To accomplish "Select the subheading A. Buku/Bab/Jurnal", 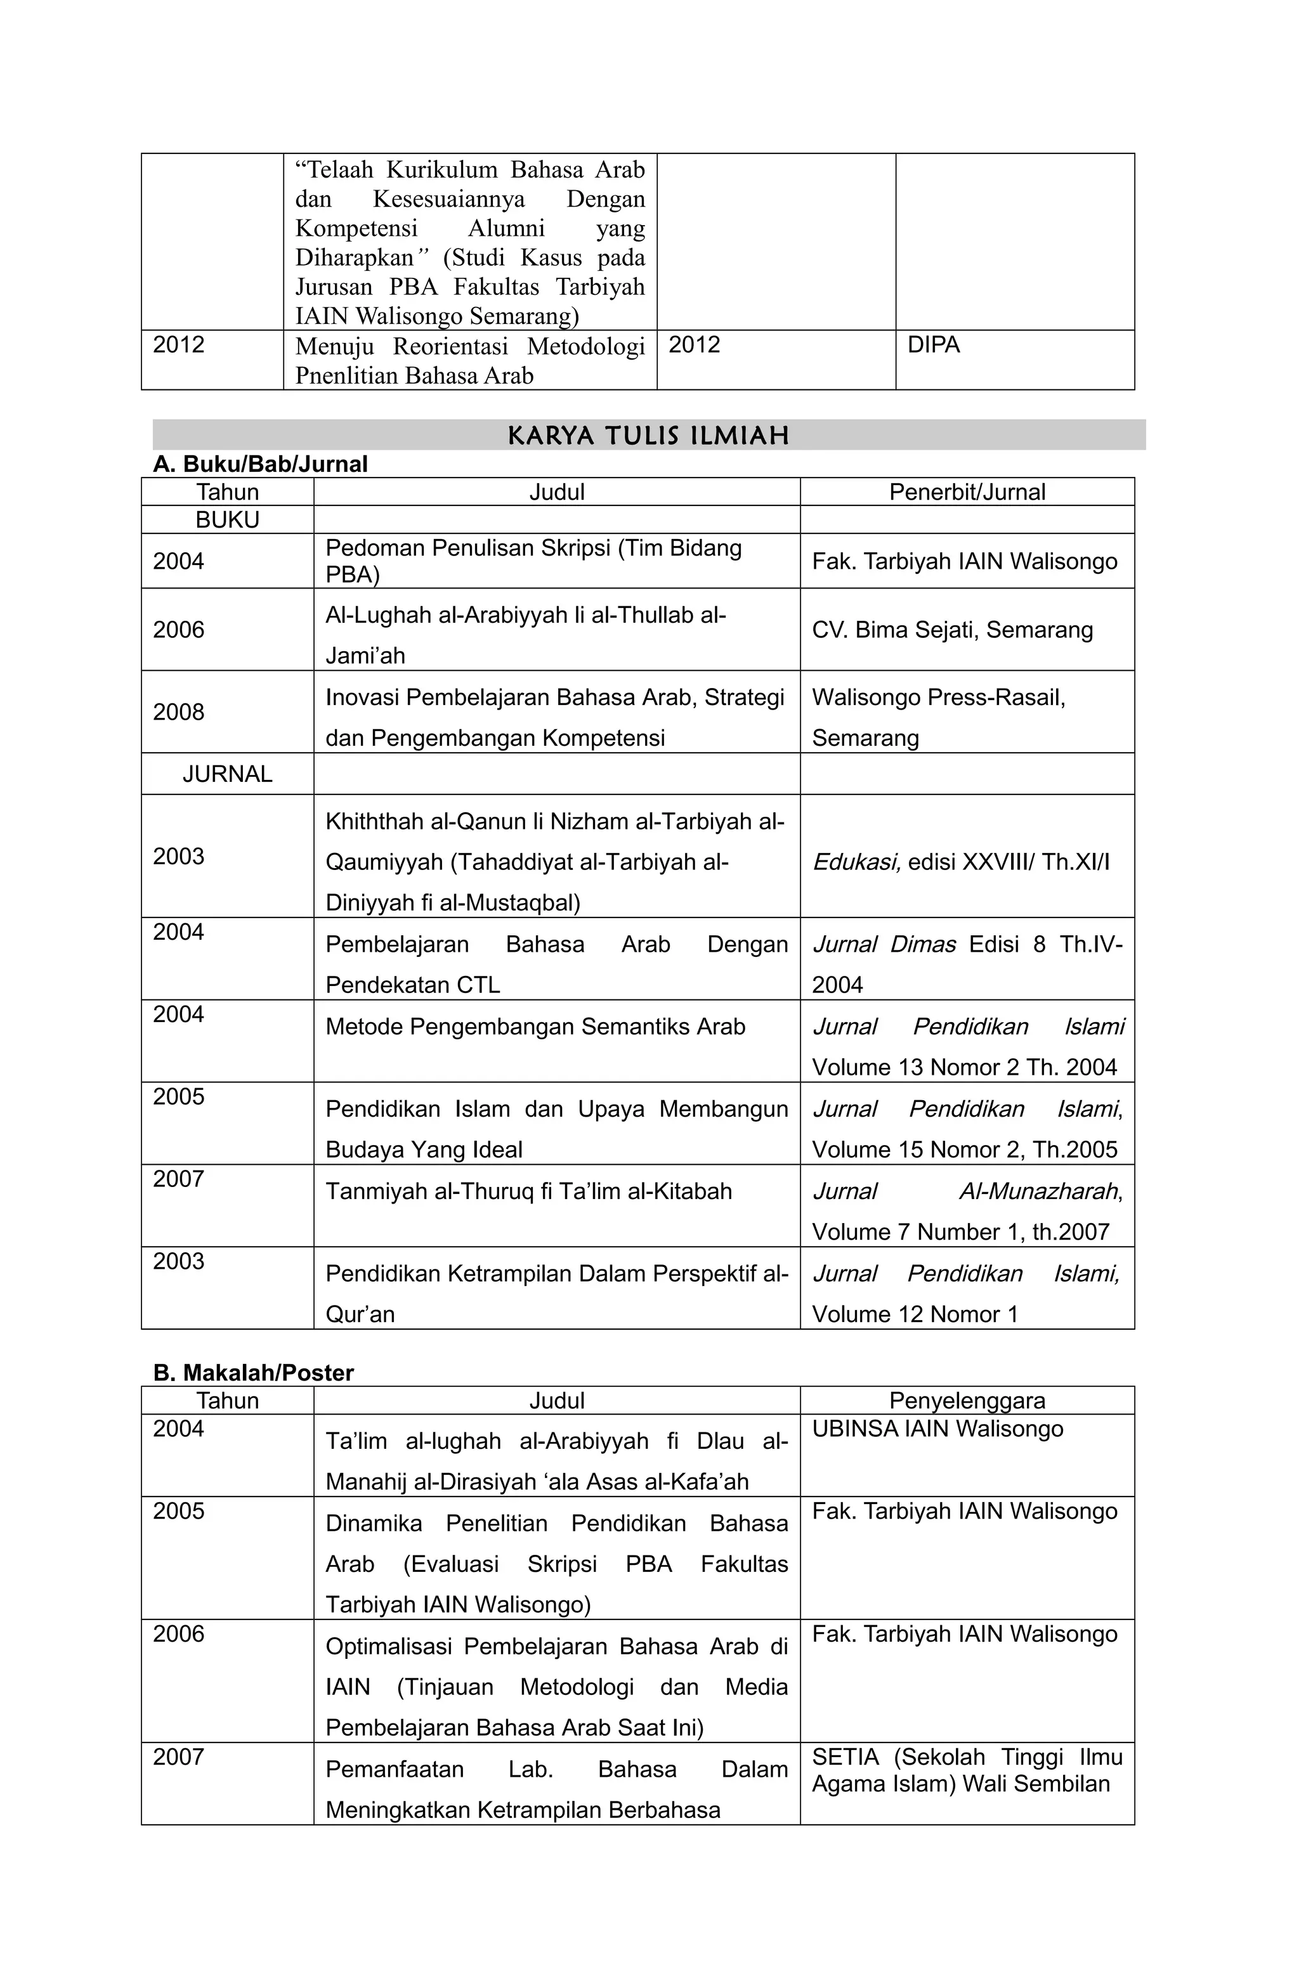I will pos(259,464).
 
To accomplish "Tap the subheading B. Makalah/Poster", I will pos(253,1373).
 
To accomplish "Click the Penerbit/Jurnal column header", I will pos(966,491).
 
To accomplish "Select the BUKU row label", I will pos(227,520).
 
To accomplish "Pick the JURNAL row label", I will pos(227,774).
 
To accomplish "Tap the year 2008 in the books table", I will pos(179,712).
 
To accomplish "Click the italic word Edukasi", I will pos(856,862).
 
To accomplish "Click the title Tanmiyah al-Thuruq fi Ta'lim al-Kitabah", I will pos(528,1191).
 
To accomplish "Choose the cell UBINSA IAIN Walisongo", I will pos(937,1429).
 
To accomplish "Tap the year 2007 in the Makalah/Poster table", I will pos(179,1756).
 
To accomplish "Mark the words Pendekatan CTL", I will pos(412,985).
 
